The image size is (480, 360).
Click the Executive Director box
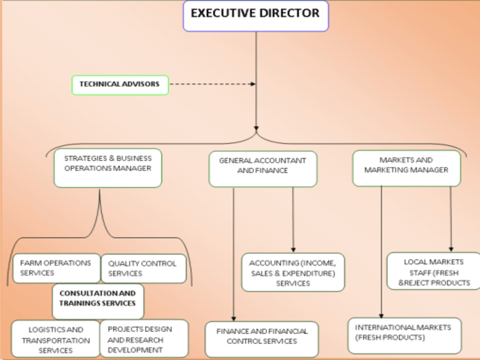[256, 15]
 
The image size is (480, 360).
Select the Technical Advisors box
[120, 85]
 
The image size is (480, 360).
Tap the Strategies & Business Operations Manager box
[107, 164]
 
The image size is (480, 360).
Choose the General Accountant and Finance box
[262, 166]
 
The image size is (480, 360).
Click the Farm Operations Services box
[56, 268]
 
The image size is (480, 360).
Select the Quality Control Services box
[143, 268]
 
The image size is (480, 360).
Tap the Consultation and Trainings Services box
[98, 298]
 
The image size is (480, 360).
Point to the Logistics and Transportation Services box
[55, 340]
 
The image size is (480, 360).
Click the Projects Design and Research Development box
[143, 338]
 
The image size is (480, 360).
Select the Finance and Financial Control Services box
[261, 337]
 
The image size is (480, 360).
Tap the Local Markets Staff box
[434, 271]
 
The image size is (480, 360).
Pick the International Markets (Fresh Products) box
[403, 332]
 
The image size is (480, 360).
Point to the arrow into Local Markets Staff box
[451, 219]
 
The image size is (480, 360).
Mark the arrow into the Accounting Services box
[293, 219]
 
